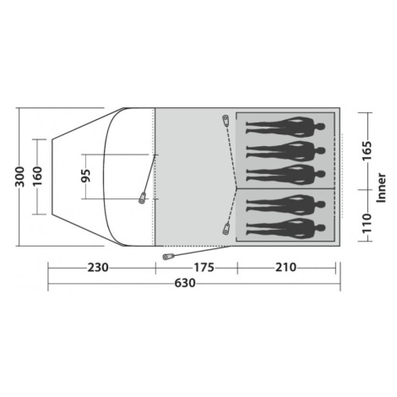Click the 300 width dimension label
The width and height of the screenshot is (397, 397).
[x=20, y=177]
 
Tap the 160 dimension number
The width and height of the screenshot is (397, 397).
[x=37, y=176]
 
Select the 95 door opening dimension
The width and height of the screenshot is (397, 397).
[x=86, y=176]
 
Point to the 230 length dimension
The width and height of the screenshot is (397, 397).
[x=98, y=268]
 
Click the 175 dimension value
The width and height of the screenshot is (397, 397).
[x=204, y=268]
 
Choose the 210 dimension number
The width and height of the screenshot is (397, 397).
[x=286, y=267]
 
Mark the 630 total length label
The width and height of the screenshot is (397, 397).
[x=185, y=283]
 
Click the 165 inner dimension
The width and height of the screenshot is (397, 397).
[x=367, y=150]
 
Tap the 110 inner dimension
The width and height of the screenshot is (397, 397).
[x=367, y=223]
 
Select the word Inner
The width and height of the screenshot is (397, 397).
[x=381, y=188]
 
